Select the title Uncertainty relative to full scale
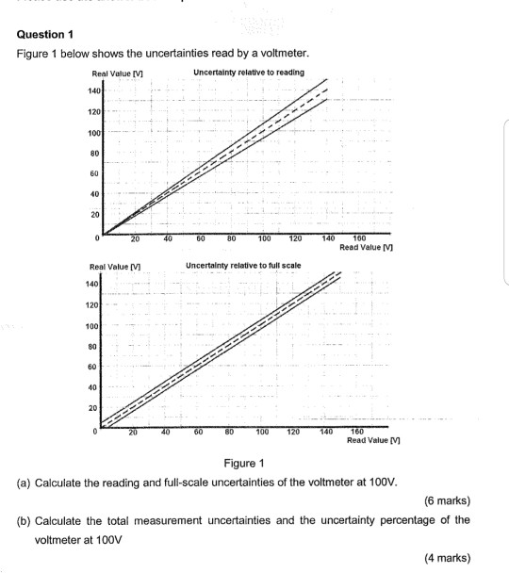(x=243, y=267)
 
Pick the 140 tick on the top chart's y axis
(x=93, y=90)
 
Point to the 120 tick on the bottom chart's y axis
(x=91, y=305)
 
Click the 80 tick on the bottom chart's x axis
(x=229, y=432)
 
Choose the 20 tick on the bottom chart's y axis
(x=93, y=407)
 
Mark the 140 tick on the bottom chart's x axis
(x=327, y=432)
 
